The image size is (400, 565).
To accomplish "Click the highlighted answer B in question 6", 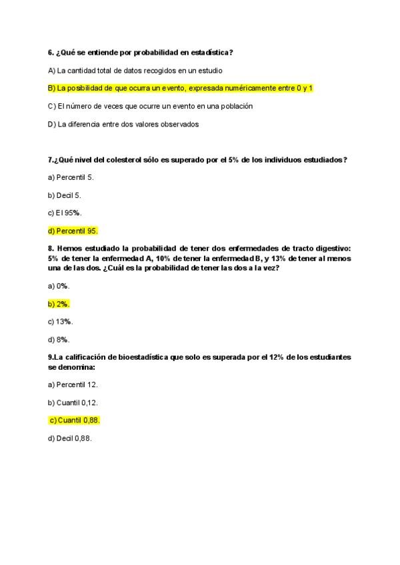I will point(180,88).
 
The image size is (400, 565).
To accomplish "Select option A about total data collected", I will point(135,70).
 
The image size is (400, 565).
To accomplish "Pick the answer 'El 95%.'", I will point(64,213).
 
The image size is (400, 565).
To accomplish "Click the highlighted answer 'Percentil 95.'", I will point(73,231).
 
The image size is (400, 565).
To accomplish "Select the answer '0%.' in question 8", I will point(59,286).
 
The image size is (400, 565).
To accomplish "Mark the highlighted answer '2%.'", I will point(59,304).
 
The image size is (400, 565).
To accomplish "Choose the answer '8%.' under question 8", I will point(59,339).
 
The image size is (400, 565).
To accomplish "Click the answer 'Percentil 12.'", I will point(73,384).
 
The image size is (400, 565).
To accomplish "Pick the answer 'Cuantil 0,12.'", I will point(73,402).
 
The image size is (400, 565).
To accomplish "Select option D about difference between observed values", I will point(123,124).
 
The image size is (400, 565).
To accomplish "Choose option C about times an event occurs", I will point(150,106).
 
